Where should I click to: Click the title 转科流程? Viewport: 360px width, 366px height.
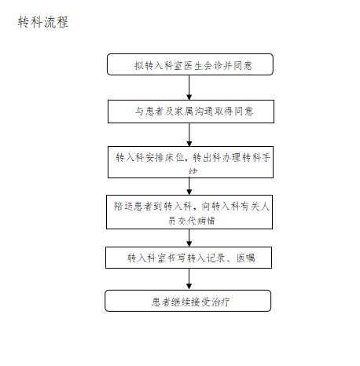click(43, 23)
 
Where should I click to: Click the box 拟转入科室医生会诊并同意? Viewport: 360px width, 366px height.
click(189, 64)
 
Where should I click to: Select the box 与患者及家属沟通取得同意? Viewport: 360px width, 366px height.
click(189, 112)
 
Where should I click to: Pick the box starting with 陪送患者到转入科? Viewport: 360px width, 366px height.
click(189, 212)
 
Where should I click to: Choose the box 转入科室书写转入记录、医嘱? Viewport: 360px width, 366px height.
click(189, 258)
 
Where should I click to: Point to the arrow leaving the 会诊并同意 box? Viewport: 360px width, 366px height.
click(189, 87)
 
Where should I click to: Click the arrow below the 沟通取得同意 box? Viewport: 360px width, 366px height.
click(189, 134)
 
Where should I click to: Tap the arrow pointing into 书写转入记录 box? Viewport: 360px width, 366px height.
click(189, 238)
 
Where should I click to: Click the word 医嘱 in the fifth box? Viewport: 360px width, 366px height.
click(244, 258)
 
